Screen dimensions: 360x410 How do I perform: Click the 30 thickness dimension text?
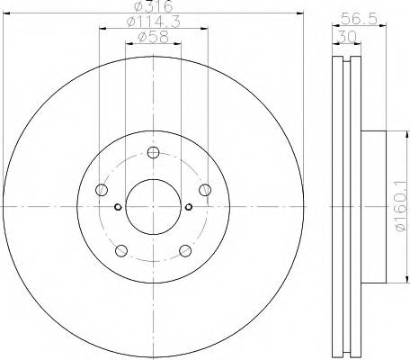[346, 38]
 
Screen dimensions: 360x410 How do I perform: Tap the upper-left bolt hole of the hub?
[102, 190]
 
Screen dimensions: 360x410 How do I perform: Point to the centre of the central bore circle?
[152, 206]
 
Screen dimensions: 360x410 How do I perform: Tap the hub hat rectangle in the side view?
[376, 206]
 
